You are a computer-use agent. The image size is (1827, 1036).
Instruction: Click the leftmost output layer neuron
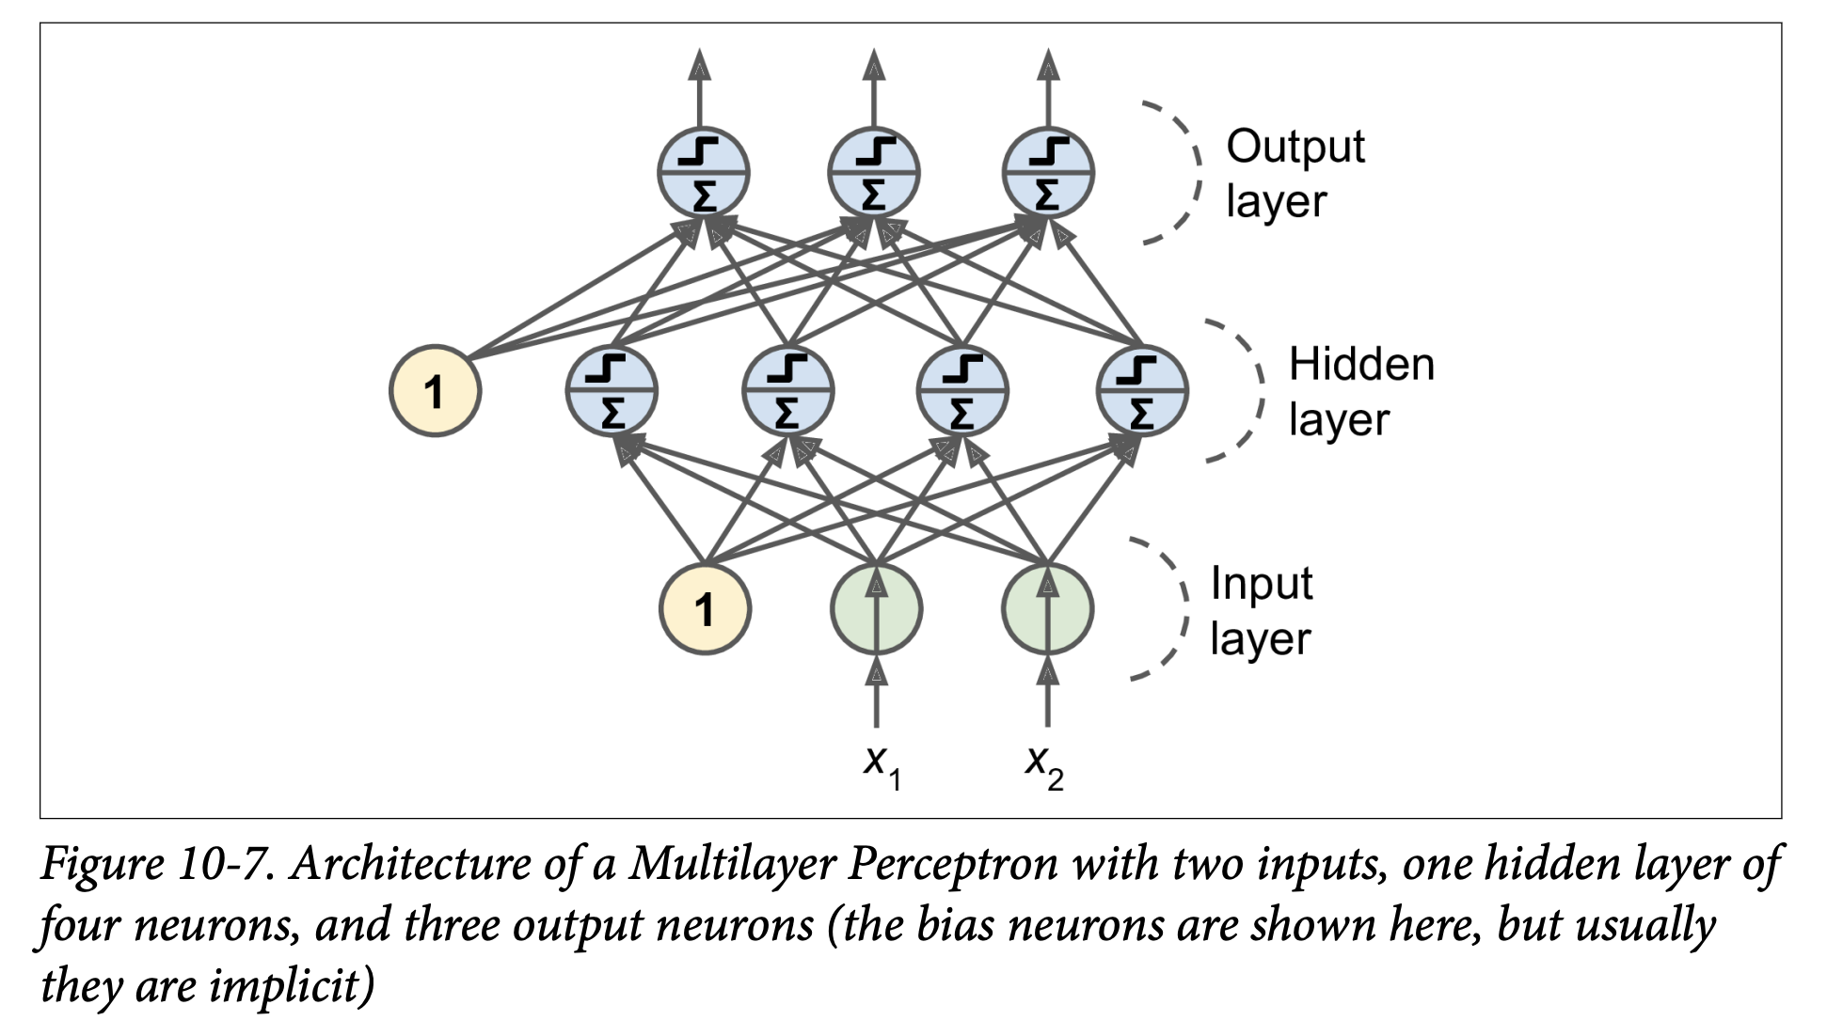click(x=703, y=173)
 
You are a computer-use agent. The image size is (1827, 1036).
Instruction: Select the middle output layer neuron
click(x=874, y=173)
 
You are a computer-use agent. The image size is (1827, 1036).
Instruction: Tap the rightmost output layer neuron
click(x=1048, y=173)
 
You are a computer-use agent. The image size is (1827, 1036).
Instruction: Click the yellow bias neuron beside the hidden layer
click(x=435, y=391)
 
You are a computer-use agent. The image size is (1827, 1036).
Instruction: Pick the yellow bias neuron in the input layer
click(x=705, y=609)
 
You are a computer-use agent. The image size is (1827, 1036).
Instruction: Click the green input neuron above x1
click(x=876, y=609)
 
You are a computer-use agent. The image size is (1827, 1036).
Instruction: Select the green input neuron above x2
click(x=1047, y=609)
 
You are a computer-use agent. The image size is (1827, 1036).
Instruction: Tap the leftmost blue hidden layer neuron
click(x=612, y=391)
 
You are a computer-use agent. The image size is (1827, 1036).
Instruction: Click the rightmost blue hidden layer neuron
click(x=1142, y=391)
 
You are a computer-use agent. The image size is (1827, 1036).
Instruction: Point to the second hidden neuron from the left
click(x=787, y=391)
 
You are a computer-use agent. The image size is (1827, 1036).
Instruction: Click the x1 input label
click(x=882, y=765)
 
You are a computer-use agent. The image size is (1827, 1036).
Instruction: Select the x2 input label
click(x=1044, y=765)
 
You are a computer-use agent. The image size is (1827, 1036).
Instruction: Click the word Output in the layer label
click(x=1295, y=148)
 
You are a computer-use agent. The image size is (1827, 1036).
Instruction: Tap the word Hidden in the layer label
click(x=1360, y=365)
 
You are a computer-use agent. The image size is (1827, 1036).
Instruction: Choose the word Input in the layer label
click(x=1260, y=584)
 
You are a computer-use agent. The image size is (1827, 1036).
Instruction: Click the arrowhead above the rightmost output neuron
click(x=1048, y=65)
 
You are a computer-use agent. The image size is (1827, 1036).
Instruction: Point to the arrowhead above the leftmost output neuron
click(x=699, y=65)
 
